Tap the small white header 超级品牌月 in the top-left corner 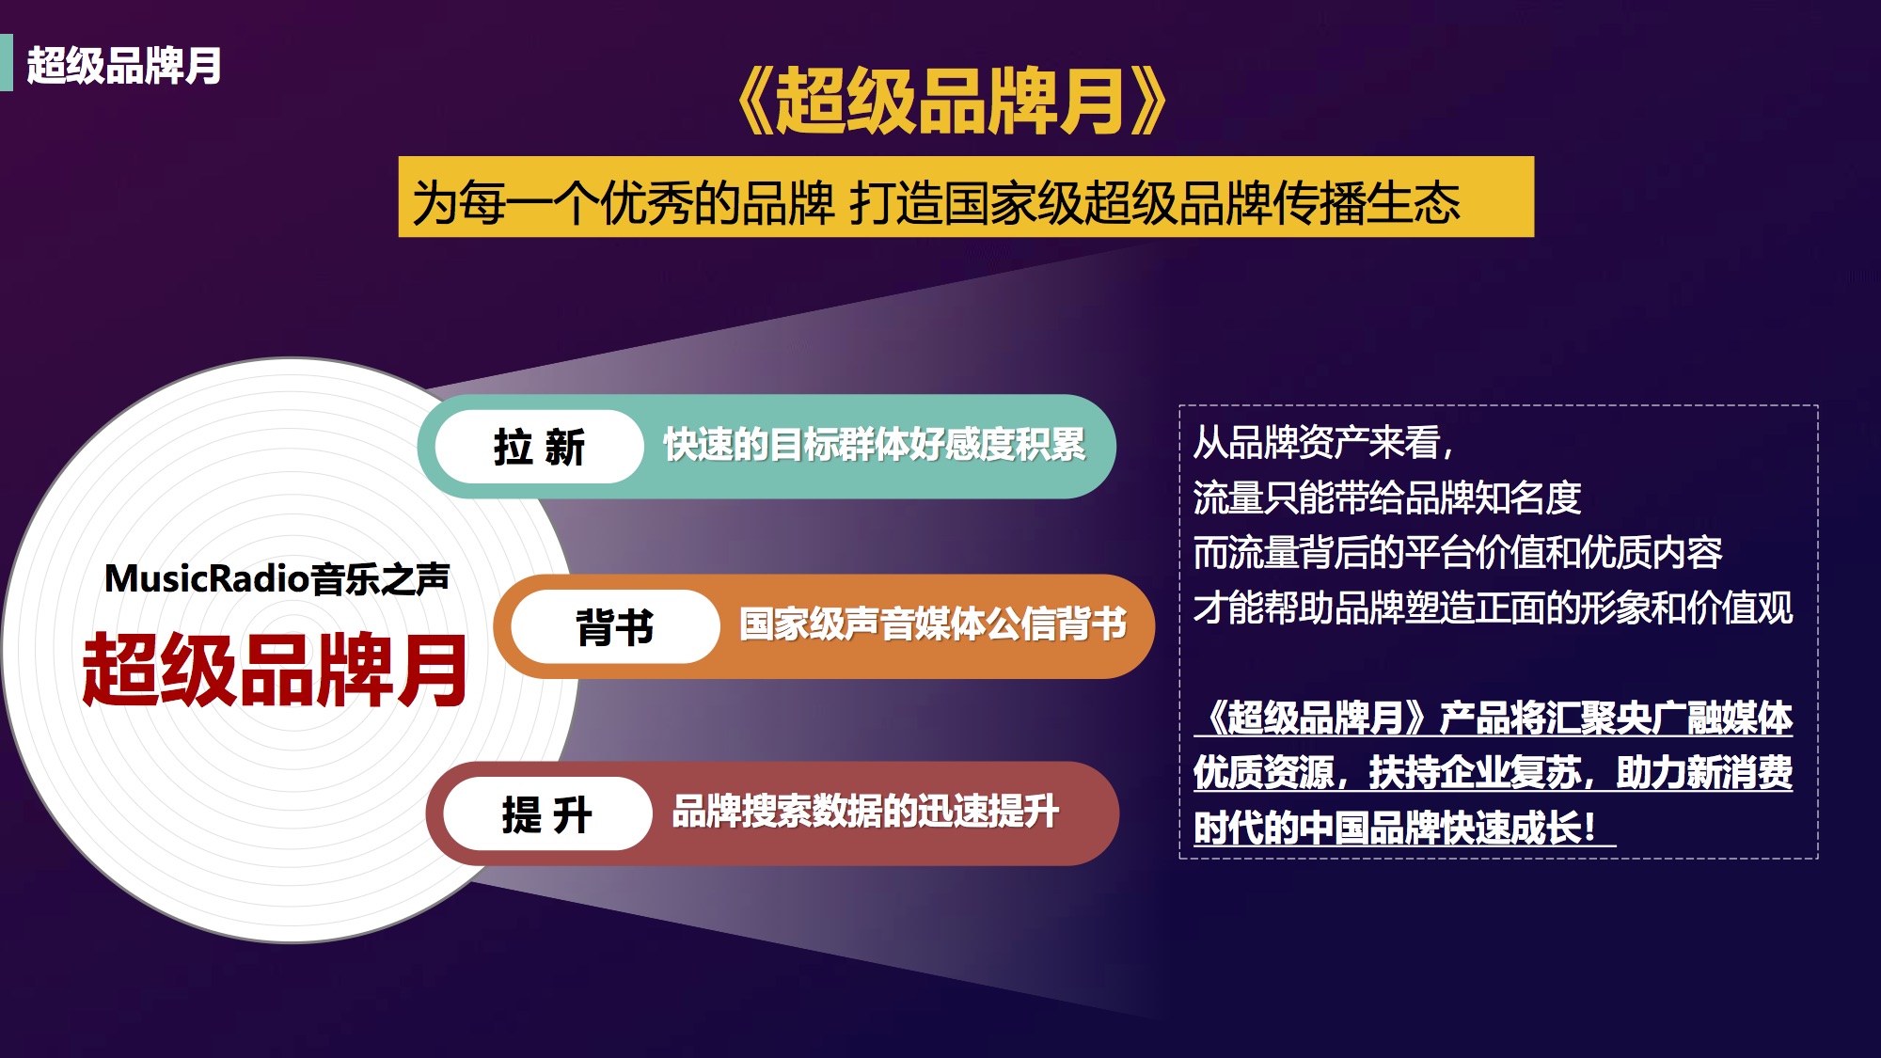point(124,66)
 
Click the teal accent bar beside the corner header point(7,63)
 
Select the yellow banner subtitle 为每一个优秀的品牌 point(624,202)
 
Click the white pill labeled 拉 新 point(539,447)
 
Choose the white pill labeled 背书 point(615,626)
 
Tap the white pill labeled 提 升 point(547,813)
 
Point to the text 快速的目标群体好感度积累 point(875,445)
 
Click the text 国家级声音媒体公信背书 point(933,624)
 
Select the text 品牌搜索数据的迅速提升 point(865,812)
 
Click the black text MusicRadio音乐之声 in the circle point(277,578)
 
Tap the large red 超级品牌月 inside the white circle point(275,670)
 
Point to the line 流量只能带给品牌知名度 point(1387,497)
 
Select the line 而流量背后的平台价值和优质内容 point(1458,552)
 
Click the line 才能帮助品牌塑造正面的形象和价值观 point(1494,608)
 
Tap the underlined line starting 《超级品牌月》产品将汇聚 point(1494,718)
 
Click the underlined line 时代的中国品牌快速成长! point(1405,828)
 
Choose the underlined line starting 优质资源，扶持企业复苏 point(1494,773)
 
